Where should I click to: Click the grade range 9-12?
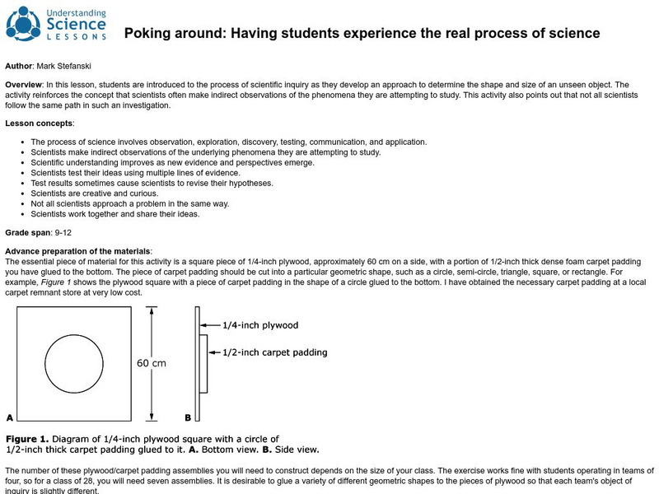pyautogui.click(x=63, y=233)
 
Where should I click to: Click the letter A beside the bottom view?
pyautogui.click(x=9, y=417)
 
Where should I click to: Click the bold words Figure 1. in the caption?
pyautogui.click(x=30, y=439)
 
